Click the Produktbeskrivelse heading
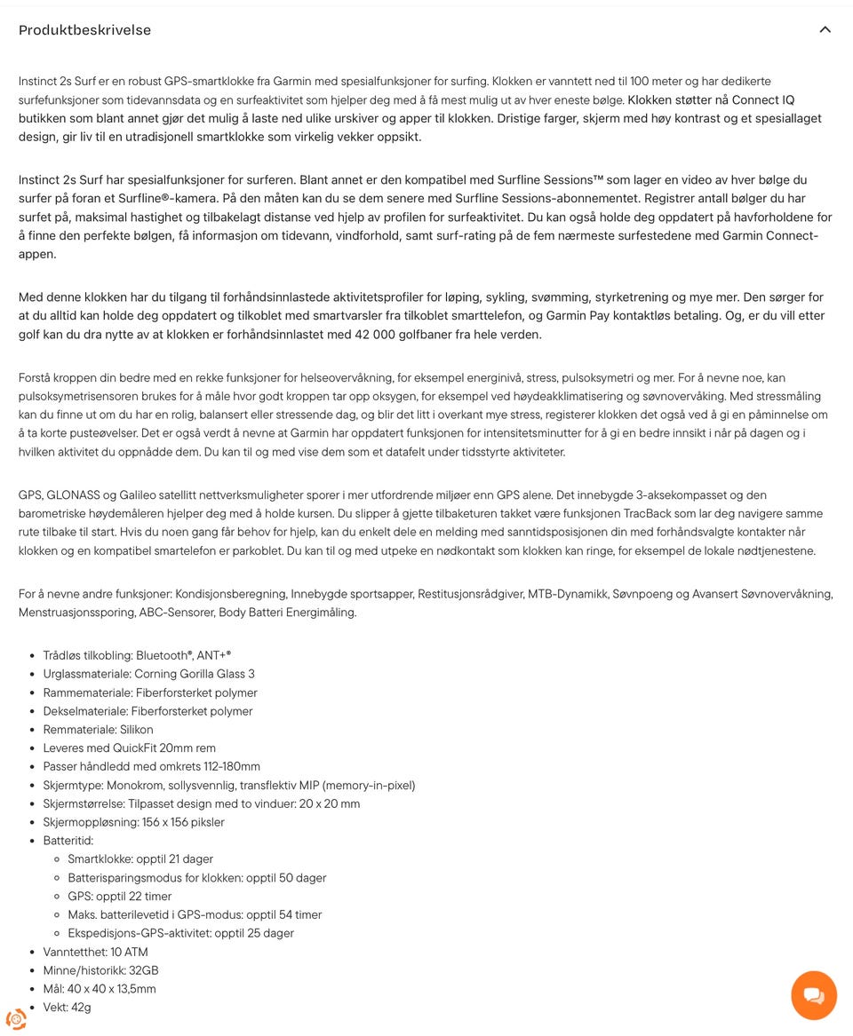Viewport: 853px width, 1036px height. (84, 30)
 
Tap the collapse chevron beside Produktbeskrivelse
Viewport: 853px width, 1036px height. (825, 29)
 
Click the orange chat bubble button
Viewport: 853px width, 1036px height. (813, 995)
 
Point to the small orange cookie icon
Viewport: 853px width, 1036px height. (16, 1018)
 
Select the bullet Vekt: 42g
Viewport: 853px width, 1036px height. (67, 1007)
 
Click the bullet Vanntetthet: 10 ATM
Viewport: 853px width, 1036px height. (95, 952)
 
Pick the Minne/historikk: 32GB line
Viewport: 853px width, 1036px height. (100, 970)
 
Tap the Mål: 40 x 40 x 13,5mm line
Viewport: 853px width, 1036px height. (99, 989)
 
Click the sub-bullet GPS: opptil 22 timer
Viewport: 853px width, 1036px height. (119, 896)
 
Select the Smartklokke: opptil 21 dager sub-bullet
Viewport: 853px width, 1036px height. (140, 858)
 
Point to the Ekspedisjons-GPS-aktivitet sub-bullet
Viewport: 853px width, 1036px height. (180, 933)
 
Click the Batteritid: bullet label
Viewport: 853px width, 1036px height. (68, 840)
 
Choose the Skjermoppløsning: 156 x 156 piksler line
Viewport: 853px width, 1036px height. (133, 822)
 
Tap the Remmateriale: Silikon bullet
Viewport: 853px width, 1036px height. (98, 729)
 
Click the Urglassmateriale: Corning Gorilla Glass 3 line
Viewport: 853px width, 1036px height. (148, 674)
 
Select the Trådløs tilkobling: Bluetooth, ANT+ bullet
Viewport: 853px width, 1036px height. (137, 655)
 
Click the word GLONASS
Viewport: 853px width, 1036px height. (76, 494)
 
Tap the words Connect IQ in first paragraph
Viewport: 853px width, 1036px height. (762, 100)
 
